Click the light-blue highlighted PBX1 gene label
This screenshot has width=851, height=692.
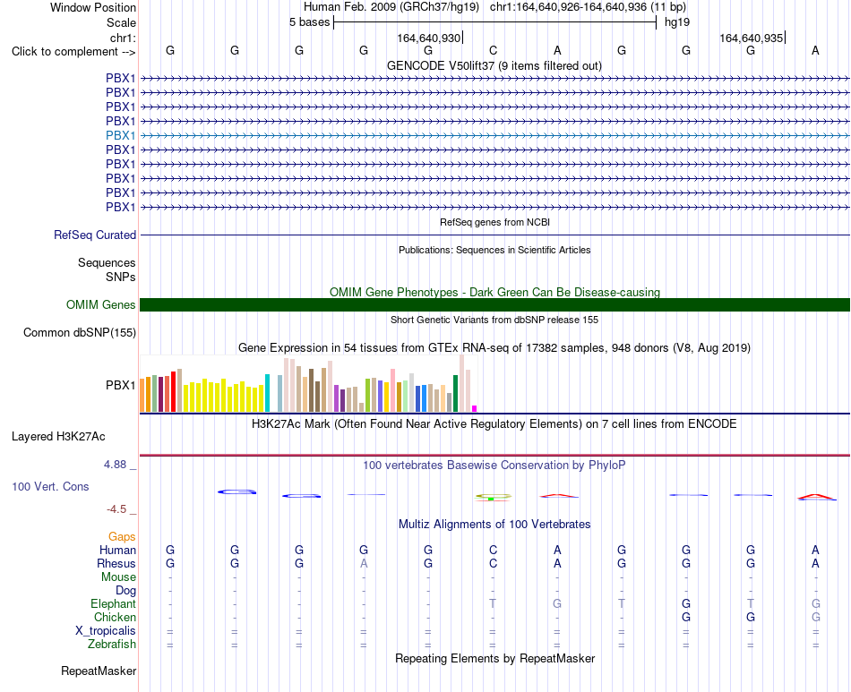pyautogui.click(x=121, y=135)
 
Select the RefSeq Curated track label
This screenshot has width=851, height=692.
pyautogui.click(x=95, y=235)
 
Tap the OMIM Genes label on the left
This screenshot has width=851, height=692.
pyautogui.click(x=101, y=304)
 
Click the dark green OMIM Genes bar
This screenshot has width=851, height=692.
pyautogui.click(x=494, y=304)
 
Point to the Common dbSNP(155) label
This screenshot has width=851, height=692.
pyautogui.click(x=80, y=332)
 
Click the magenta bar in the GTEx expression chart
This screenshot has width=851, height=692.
pyautogui.click(x=475, y=409)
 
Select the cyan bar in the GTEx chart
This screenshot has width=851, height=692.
pyautogui.click(x=267, y=393)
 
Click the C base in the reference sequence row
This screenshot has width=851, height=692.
pyautogui.click(x=493, y=50)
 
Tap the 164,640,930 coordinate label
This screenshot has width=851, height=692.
pyautogui.click(x=429, y=38)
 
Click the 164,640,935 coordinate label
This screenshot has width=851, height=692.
pyautogui.click(x=752, y=38)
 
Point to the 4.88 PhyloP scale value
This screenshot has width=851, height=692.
pyautogui.click(x=115, y=465)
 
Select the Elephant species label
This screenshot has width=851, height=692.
pyautogui.click(x=114, y=603)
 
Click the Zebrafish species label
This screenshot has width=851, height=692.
pyautogui.click(x=112, y=645)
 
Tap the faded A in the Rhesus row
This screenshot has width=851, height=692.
pyautogui.click(x=364, y=563)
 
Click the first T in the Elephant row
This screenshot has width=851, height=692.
pyautogui.click(x=493, y=603)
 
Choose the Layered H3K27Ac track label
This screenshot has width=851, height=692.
pyautogui.click(x=58, y=437)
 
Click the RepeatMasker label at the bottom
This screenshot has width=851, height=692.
pyautogui.click(x=99, y=671)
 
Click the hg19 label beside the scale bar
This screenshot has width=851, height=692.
pyautogui.click(x=677, y=22)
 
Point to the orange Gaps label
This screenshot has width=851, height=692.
pyautogui.click(x=122, y=537)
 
